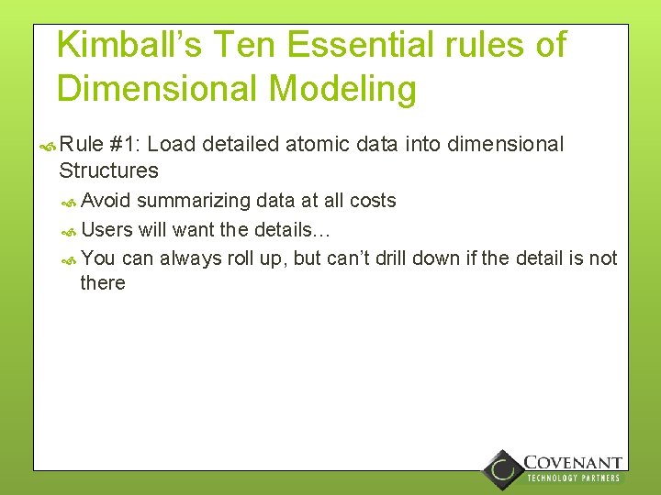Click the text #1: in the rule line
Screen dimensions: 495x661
(125, 145)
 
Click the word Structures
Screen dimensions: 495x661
(108, 170)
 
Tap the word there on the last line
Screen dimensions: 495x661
(103, 282)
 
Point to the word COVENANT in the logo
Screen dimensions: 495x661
(573, 463)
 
